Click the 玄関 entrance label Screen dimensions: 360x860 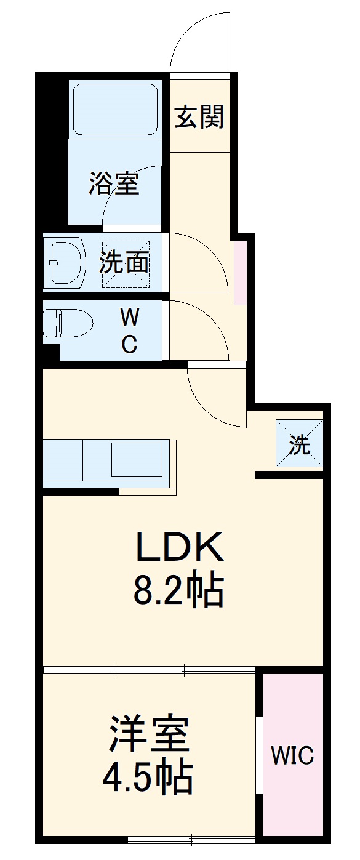(x=199, y=116)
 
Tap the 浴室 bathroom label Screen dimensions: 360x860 (x=114, y=183)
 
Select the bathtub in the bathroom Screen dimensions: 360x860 (x=115, y=110)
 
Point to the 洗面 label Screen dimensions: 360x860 (x=124, y=263)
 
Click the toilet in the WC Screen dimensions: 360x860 (x=68, y=323)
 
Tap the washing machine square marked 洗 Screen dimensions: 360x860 (x=299, y=443)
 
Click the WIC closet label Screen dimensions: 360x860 (x=292, y=755)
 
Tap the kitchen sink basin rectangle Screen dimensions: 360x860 (x=137, y=460)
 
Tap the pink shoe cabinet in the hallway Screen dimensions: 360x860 (x=241, y=273)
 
